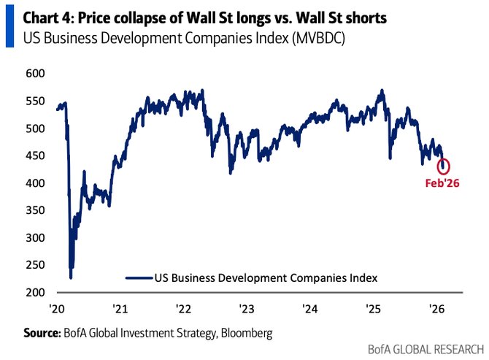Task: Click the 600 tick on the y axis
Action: (35, 74)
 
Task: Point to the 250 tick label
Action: (35, 265)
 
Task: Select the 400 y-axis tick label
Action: (35, 183)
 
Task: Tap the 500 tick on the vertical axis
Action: (35, 129)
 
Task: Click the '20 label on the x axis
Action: (57, 307)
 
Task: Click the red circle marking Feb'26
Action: (443, 166)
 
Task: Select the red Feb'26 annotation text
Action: (443, 183)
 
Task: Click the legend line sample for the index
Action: (139, 277)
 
